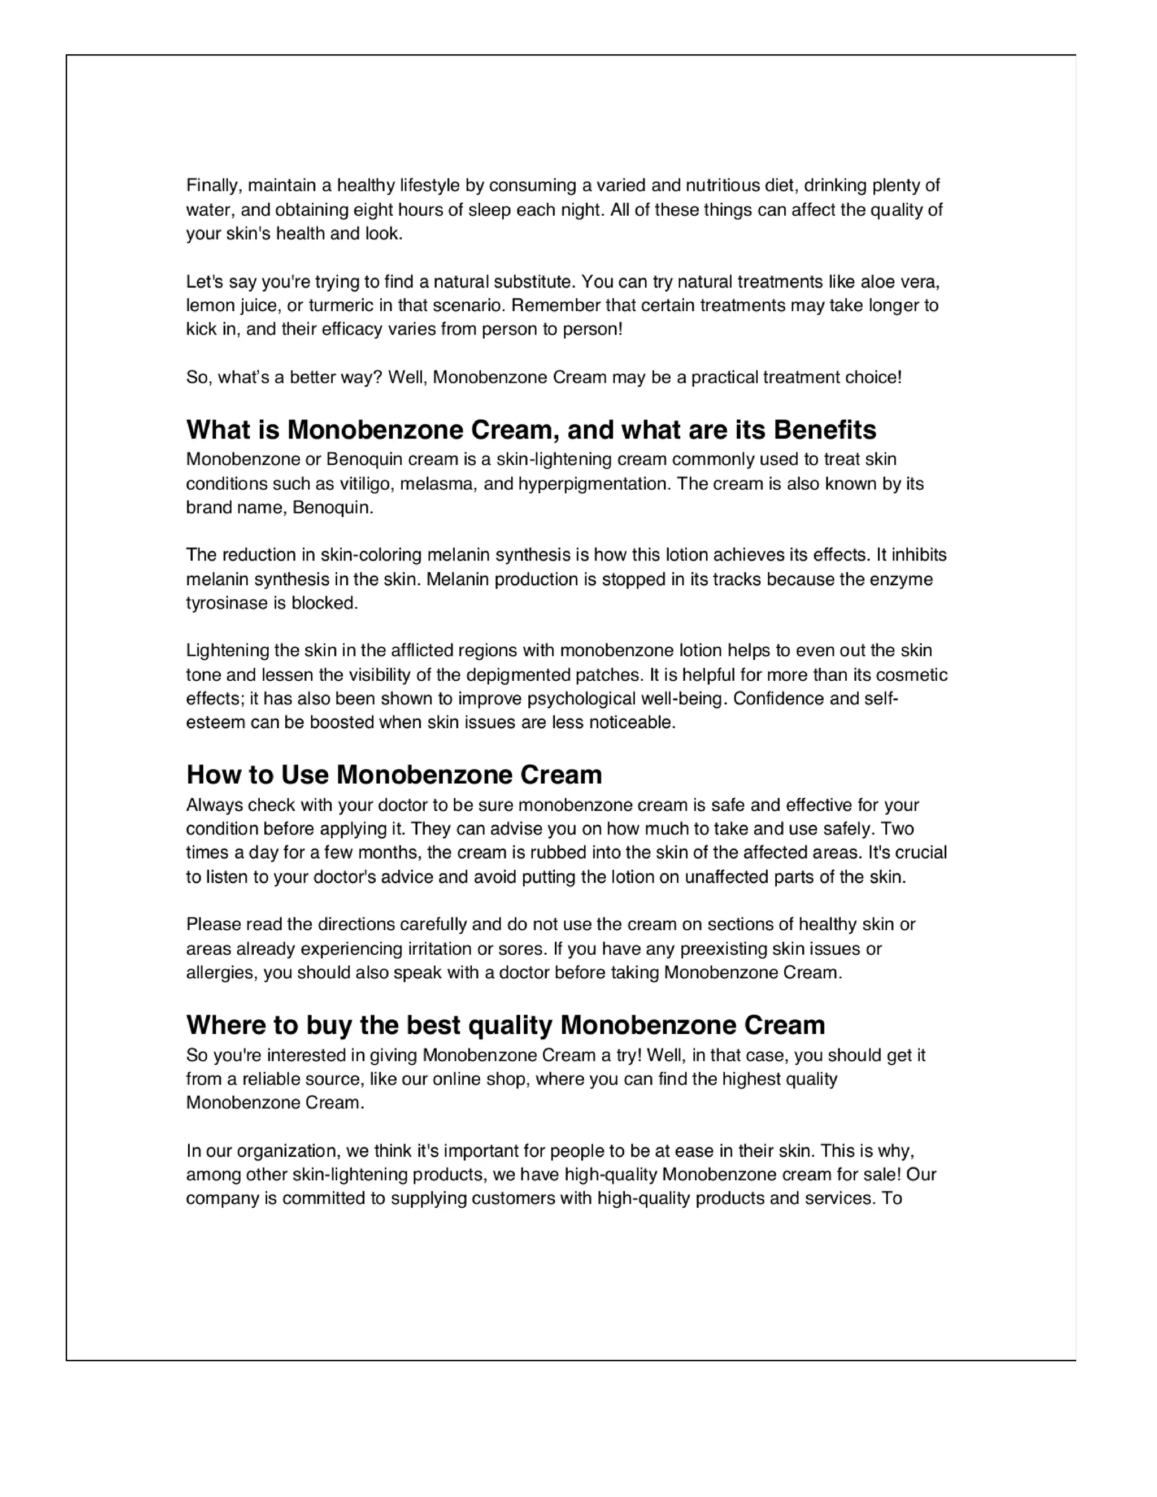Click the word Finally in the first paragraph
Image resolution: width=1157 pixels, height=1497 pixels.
click(x=213, y=186)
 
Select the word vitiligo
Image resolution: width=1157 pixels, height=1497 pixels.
click(x=367, y=484)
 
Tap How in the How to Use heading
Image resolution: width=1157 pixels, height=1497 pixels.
click(x=208, y=775)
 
